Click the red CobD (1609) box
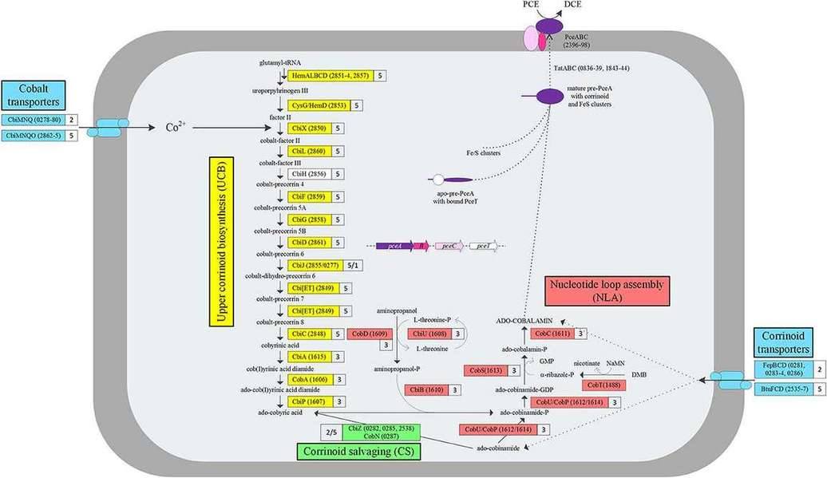368,334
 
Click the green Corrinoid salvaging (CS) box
359,452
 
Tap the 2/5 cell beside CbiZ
329,433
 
